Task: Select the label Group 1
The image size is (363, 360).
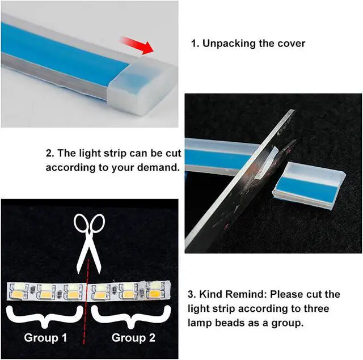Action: [x=45, y=338]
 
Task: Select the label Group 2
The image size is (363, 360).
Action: [x=133, y=338]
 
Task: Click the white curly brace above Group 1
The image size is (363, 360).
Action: [x=45, y=312]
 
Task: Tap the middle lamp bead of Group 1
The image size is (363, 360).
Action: [x=46, y=291]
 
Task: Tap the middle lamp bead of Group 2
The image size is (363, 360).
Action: [x=128, y=291]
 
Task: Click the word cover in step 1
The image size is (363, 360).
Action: [x=291, y=43]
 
